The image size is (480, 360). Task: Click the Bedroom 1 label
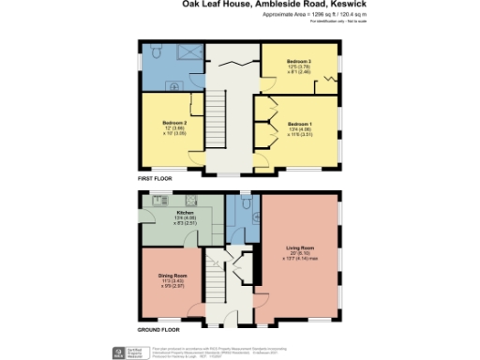(x=298, y=124)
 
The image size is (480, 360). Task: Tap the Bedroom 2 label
(x=175, y=124)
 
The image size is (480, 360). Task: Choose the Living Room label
(x=300, y=247)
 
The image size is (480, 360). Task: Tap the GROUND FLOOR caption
(x=158, y=330)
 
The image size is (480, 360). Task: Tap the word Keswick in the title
(x=341, y=5)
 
